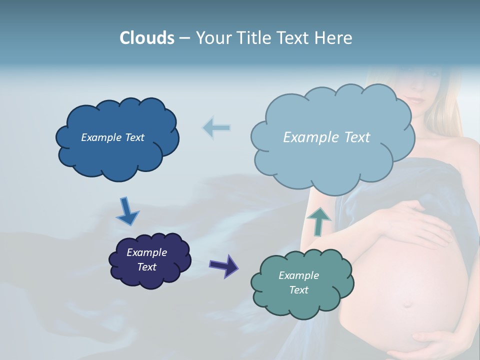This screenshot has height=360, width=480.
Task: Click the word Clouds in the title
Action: [147, 38]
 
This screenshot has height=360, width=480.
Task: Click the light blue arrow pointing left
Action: [216, 127]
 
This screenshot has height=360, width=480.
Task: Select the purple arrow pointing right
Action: [223, 265]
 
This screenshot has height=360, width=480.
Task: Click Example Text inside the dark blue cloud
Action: [112, 137]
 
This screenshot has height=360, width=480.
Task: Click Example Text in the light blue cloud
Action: [326, 137]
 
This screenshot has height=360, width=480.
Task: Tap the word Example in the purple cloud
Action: [146, 252]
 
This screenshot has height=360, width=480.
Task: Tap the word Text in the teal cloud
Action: [298, 290]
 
